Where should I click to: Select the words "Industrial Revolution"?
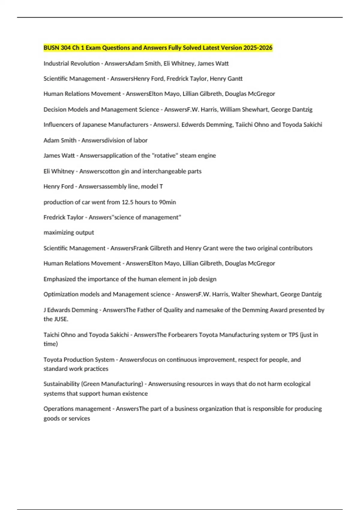click(x=71, y=64)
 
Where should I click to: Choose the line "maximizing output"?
click(x=69, y=232)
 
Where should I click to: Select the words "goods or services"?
click(x=67, y=418)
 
